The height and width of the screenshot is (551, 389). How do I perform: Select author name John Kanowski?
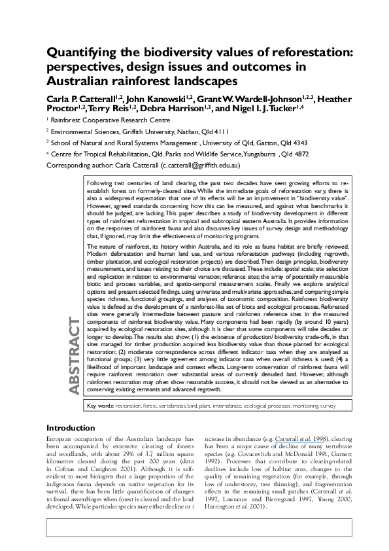tap(152, 98)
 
